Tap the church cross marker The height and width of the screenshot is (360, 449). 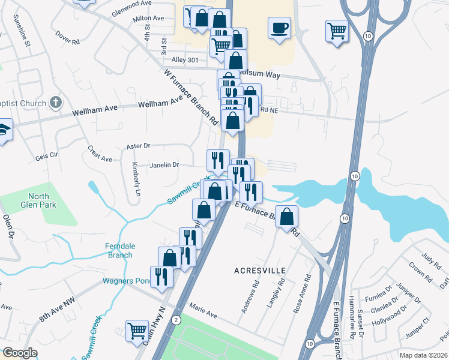point(56,103)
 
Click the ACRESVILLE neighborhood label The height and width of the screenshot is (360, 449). point(259,271)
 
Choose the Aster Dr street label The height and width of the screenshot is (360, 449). point(138,146)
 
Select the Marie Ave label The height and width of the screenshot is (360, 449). point(203,310)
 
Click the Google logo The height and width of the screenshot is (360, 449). point(20,353)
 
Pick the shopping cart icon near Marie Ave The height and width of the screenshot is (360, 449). point(137,330)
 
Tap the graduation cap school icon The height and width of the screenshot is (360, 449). point(3,130)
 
